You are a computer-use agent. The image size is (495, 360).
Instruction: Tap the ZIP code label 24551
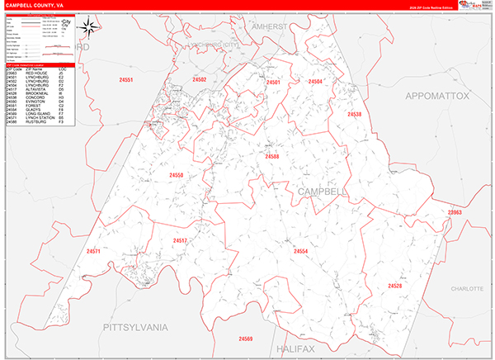(x=126, y=80)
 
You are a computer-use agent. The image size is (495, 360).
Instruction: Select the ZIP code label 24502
(x=199, y=79)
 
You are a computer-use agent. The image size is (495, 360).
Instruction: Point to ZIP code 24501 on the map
(x=273, y=83)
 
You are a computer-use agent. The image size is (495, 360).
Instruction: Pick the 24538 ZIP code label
(x=354, y=114)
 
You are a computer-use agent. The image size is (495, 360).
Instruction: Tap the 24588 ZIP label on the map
(x=272, y=156)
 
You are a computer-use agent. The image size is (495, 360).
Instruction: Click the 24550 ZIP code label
(x=177, y=175)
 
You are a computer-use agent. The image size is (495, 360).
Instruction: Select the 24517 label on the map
(x=180, y=240)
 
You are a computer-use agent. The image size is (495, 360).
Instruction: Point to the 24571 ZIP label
(x=92, y=251)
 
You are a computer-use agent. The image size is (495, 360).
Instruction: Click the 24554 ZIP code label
(x=300, y=251)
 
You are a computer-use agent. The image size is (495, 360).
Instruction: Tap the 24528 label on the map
(x=395, y=286)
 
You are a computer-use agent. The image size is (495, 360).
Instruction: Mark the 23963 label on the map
(x=455, y=212)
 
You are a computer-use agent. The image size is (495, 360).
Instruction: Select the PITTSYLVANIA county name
(x=135, y=328)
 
